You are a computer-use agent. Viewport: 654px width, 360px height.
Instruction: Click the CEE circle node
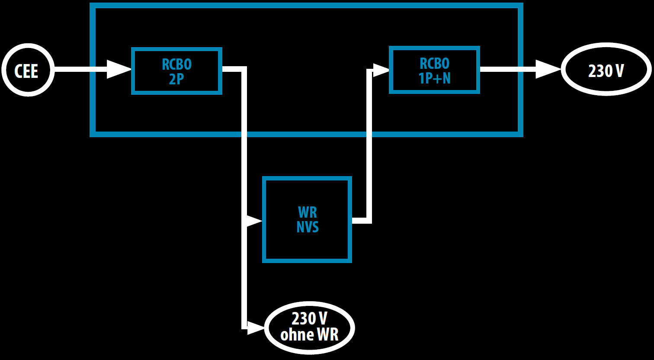[x=28, y=70]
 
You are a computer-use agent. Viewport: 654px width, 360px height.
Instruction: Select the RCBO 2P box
[x=176, y=71]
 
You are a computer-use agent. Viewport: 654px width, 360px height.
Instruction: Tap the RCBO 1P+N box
[x=434, y=70]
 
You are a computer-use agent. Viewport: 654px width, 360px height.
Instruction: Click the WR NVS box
[x=307, y=219]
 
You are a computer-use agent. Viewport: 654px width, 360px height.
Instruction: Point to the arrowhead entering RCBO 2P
[x=119, y=69]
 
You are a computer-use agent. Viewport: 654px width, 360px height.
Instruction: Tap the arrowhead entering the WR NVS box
[x=254, y=221]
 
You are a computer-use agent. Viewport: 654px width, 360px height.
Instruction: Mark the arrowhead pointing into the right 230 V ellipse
[x=548, y=69]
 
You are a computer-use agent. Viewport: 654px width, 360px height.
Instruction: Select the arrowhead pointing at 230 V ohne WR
[x=255, y=328]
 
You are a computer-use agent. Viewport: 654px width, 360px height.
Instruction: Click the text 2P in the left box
[x=176, y=79]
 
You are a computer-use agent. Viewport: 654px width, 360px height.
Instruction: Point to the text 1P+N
[x=434, y=78]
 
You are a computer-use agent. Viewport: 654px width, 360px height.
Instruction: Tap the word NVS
[x=308, y=227]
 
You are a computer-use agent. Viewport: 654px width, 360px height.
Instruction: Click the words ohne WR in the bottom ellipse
[x=309, y=335]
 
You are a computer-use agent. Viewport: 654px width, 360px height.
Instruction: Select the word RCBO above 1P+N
[x=435, y=63]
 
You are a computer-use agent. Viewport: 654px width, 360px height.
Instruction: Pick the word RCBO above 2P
[x=176, y=64]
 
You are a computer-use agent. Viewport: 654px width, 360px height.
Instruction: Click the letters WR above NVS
[x=308, y=212]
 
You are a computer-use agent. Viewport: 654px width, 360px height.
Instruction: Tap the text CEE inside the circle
[x=27, y=71]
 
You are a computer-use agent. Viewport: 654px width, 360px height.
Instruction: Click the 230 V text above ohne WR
[x=309, y=319]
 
